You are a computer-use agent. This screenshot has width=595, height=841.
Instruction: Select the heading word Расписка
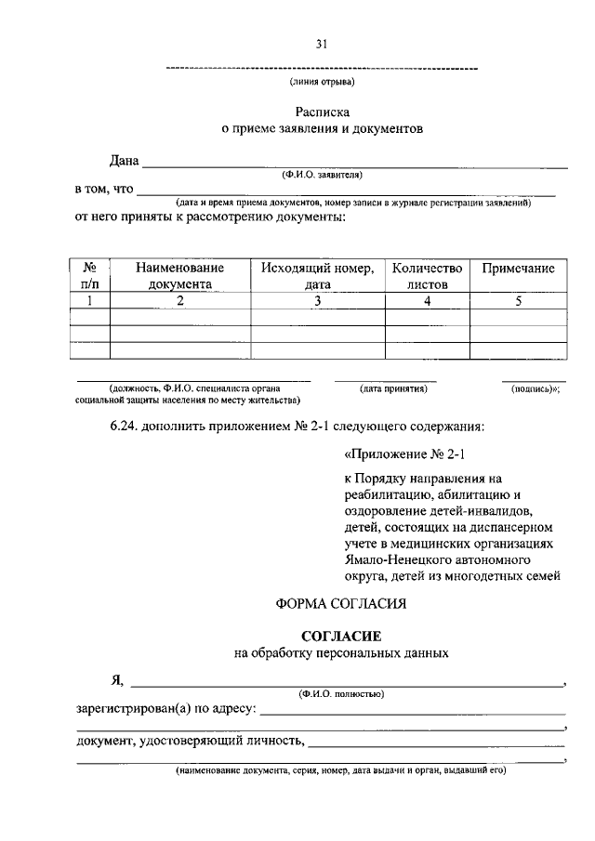coord(322,112)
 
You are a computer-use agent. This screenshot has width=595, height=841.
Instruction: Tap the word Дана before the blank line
coord(124,162)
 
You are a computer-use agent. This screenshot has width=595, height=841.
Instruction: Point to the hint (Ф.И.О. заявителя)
coord(323,175)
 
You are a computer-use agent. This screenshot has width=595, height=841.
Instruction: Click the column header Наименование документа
coord(179,276)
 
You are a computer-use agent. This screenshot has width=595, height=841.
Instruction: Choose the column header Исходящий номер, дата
coord(317,276)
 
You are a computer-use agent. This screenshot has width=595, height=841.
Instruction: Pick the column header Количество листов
coord(427,276)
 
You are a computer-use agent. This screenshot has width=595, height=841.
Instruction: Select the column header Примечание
coord(518,269)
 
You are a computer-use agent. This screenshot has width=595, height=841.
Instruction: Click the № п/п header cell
coord(90,276)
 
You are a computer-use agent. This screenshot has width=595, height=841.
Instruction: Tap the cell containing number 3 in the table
coord(317,301)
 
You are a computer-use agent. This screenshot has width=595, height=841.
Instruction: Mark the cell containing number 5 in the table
coord(518,301)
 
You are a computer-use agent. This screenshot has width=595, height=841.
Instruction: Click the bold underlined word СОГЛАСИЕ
coord(341,636)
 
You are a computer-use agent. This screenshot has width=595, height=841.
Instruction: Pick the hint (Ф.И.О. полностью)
coord(341,693)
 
